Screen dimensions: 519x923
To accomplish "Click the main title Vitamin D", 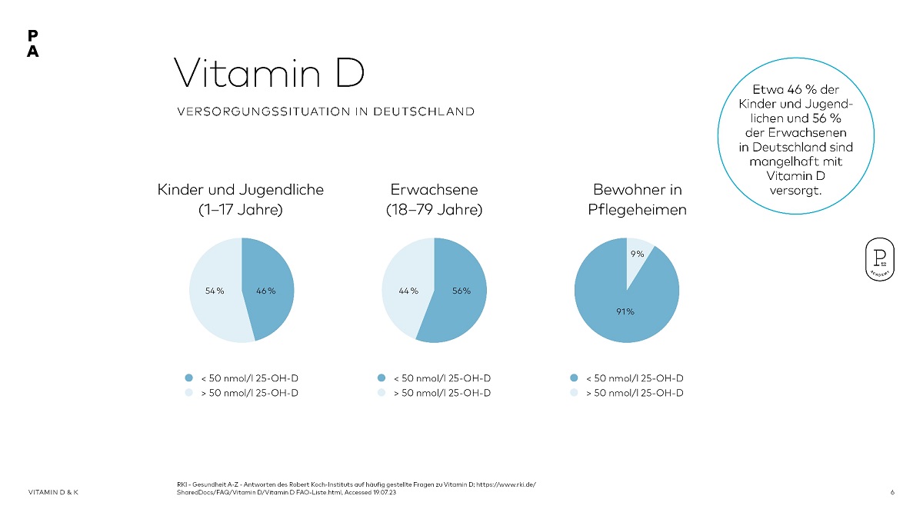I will (268, 74).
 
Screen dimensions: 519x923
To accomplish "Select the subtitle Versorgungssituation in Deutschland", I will (325, 111).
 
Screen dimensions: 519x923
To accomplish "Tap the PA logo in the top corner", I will (32, 44).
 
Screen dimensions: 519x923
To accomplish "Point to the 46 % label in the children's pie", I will (265, 291).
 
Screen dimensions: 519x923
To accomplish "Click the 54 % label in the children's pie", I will (215, 291).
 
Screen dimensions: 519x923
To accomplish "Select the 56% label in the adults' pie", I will (461, 291).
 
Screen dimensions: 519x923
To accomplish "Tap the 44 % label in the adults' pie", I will (408, 291).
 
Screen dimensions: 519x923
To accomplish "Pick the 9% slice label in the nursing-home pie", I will (637, 253).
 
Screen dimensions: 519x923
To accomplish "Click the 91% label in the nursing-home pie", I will (624, 311).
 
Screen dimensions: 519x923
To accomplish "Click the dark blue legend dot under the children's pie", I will (188, 378).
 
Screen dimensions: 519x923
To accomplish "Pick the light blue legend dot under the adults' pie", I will (381, 393).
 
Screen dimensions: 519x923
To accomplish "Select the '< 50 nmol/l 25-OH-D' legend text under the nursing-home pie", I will (635, 378).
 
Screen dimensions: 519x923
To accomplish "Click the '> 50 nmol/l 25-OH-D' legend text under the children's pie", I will (250, 393).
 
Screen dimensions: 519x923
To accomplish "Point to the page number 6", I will (892, 492).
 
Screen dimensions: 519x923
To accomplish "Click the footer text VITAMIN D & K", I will (53, 492).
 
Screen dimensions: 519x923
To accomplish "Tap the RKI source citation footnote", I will (355, 487).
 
